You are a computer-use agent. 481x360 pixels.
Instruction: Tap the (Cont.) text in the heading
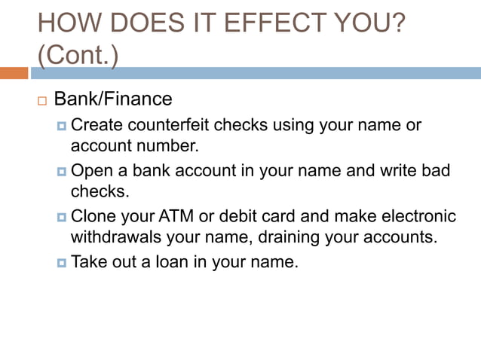(77, 56)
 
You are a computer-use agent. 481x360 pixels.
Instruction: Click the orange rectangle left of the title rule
(14, 73)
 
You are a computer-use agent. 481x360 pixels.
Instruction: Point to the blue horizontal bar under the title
(256, 73)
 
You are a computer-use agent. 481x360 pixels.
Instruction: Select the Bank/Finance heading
(113, 99)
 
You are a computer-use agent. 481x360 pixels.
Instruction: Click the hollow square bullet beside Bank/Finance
(41, 100)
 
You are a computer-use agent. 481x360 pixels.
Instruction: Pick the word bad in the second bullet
(435, 170)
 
